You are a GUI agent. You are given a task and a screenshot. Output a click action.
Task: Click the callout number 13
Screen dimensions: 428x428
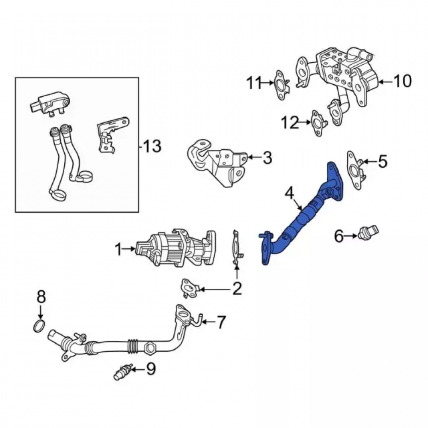click(152, 146)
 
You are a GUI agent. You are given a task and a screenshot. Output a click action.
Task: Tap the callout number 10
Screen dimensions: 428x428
click(402, 81)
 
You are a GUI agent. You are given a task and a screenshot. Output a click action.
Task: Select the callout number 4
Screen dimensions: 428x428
click(290, 193)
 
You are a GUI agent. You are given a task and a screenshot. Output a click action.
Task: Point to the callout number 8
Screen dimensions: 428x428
click(41, 297)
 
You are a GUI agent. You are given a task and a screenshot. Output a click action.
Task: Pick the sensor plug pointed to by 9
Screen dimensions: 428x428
click(122, 372)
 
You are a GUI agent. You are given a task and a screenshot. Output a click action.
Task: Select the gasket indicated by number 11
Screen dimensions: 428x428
click(281, 85)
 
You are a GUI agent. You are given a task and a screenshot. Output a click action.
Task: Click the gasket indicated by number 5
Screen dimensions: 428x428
click(356, 170)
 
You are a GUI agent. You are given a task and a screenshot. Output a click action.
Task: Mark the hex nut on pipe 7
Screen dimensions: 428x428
click(149, 348)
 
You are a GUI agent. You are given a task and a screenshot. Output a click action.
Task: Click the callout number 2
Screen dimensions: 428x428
click(237, 288)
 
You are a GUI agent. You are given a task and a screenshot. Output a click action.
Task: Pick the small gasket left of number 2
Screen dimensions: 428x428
click(190, 288)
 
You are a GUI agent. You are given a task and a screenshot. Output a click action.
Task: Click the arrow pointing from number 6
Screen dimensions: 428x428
click(351, 235)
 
